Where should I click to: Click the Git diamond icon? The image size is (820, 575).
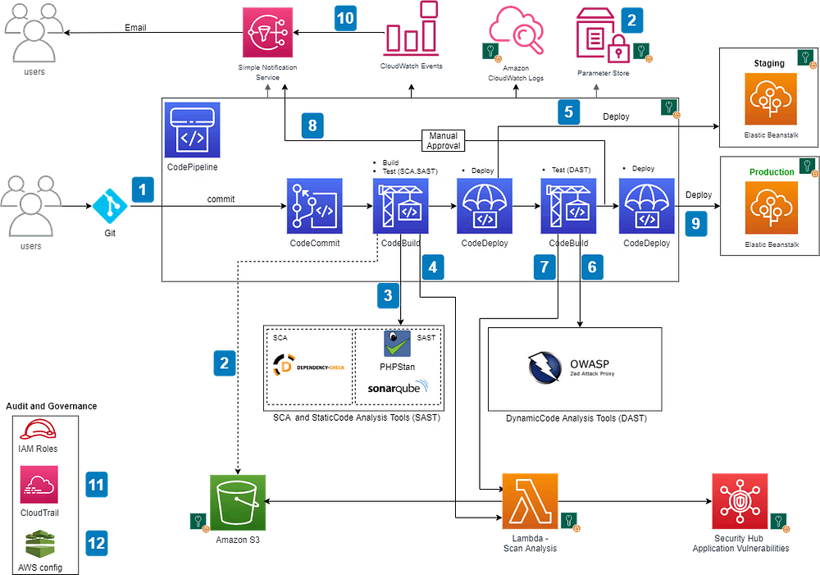coord(110,206)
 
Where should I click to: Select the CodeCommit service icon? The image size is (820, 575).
coord(314,206)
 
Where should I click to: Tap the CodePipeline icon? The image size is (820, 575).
coord(192,130)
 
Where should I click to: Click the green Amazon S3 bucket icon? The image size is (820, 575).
coord(238,503)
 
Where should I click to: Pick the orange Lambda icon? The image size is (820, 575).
coord(530,501)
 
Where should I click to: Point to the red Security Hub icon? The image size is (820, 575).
coord(740,501)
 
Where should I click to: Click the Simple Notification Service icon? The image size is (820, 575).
coord(267,33)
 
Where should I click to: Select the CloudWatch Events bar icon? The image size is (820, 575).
coord(411,29)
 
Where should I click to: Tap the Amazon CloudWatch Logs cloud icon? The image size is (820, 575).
coord(516,30)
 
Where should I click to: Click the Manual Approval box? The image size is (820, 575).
coord(443,141)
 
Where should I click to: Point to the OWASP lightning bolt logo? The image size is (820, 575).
coord(544,367)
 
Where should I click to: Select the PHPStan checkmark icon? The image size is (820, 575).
coord(397,344)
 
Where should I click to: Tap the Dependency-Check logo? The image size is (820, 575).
coord(308,366)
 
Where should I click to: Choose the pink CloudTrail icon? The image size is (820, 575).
coord(39,485)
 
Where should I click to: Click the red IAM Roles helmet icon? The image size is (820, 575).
coord(38,430)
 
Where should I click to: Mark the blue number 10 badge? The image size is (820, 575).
coord(345,18)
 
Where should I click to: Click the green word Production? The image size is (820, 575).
coord(772,171)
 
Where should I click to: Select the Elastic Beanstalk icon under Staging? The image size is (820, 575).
coord(771,99)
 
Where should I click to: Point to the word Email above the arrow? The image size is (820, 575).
coord(135,28)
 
